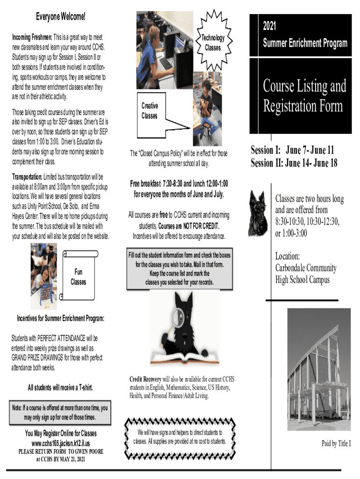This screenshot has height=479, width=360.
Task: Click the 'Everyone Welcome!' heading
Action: (x=61, y=17)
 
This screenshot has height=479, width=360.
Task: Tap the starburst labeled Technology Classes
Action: (x=213, y=42)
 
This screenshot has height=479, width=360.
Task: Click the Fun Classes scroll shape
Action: (x=78, y=276)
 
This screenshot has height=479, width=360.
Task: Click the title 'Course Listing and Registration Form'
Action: (x=304, y=96)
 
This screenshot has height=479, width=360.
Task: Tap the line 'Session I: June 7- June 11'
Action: (x=292, y=150)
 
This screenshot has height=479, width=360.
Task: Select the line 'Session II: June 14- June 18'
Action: (x=294, y=163)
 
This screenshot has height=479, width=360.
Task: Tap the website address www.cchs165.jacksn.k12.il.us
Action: (x=61, y=443)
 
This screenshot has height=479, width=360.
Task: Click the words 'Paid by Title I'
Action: (x=336, y=443)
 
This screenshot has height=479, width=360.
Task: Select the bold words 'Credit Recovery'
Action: (x=145, y=379)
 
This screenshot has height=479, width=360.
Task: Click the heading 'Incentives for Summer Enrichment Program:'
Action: (x=61, y=319)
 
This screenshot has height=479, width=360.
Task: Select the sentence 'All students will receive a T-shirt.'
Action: (x=60, y=388)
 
